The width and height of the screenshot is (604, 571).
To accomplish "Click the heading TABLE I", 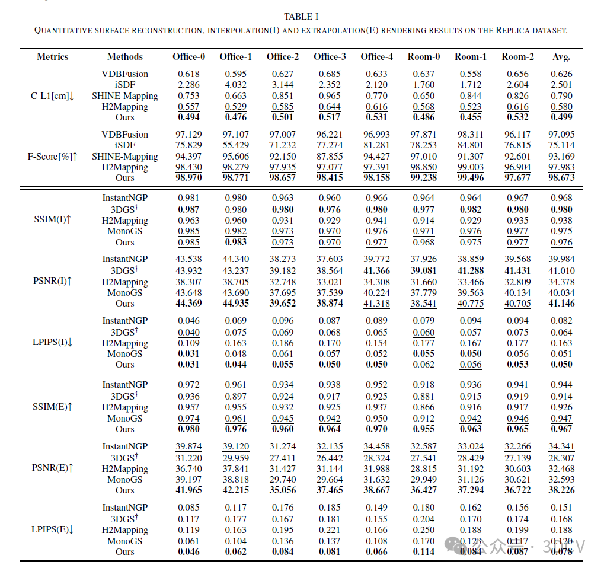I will (x=301, y=17).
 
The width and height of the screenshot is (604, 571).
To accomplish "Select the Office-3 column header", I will (x=330, y=57).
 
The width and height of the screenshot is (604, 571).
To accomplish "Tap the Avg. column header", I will (x=561, y=57).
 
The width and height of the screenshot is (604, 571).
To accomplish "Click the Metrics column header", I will (x=52, y=57).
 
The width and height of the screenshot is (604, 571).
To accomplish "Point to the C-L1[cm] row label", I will (x=52, y=96).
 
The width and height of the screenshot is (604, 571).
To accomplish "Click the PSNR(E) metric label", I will (x=52, y=468).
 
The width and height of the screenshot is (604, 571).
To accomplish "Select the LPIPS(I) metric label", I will (x=52, y=343).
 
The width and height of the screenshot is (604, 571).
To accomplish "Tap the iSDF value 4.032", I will (x=236, y=85).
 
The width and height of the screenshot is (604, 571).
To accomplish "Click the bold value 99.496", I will (x=471, y=178).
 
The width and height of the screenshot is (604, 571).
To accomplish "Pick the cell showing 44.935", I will (x=236, y=304).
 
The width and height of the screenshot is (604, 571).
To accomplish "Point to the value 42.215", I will (x=236, y=490).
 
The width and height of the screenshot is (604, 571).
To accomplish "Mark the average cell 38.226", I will (x=561, y=490).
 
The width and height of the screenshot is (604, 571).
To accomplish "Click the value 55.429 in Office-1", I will (x=236, y=145).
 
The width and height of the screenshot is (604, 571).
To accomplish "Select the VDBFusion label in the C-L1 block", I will (x=124, y=74).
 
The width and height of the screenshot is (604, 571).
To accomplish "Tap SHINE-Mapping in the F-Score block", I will (x=124, y=157).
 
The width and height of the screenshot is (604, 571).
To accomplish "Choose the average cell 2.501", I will (x=561, y=85).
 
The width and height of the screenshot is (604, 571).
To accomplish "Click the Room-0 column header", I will (x=424, y=57).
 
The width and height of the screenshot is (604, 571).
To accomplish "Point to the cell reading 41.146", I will (x=561, y=304).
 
